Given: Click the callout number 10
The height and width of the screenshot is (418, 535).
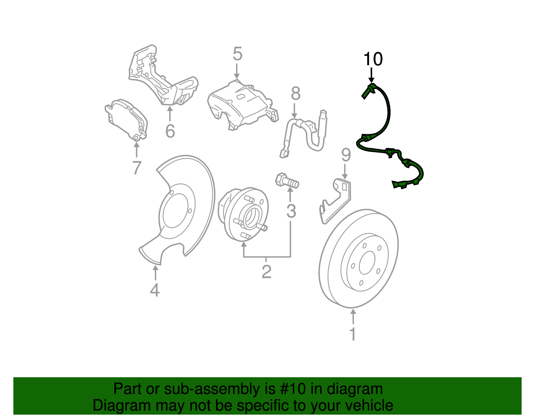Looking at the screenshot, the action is pos(373,59).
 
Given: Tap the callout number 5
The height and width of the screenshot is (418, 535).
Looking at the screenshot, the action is pos(237,54).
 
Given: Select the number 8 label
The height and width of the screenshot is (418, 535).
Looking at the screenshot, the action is pos(296,94).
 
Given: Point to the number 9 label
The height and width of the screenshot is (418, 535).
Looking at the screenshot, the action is pos(346,155).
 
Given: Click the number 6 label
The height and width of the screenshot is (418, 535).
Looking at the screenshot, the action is pos(170,131).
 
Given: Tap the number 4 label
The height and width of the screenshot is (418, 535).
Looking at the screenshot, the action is pos(154,290).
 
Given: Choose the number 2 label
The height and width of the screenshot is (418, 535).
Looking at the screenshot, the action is pos(266,272).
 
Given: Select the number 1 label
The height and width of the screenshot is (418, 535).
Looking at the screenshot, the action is pos(353,334).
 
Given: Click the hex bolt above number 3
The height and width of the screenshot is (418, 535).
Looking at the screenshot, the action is pos(287,181).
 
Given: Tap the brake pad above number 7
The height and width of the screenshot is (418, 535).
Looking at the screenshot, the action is pos(126,119).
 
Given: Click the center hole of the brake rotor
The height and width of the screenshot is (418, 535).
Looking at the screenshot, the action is pos(367,263).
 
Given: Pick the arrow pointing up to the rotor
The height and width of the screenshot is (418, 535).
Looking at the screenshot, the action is pos(353,316).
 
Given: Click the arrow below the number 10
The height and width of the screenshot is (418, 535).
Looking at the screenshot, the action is pos(371,74).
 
